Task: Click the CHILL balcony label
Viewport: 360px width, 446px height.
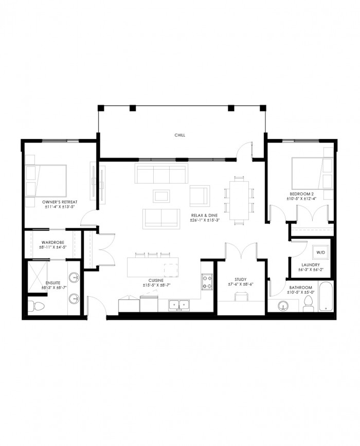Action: pyautogui.click(x=179, y=135)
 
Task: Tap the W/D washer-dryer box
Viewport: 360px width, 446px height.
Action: pyautogui.click(x=320, y=252)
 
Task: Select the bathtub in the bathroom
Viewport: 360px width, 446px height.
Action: pyautogui.click(x=326, y=296)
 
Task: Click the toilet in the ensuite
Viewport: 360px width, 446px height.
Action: pyautogui.click(x=36, y=306)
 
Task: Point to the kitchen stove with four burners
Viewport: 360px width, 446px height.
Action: pyautogui.click(x=207, y=281)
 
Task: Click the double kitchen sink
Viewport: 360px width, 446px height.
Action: pyautogui.click(x=179, y=305)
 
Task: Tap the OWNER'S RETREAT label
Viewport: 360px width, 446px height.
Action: pyautogui.click(x=60, y=202)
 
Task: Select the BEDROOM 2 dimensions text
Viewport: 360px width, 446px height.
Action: pyautogui.click(x=301, y=199)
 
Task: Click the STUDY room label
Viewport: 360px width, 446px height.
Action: pyautogui.click(x=241, y=279)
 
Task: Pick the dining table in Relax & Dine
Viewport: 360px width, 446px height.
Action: pyautogui.click(x=239, y=200)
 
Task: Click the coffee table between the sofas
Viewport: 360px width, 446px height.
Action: pyautogui.click(x=161, y=196)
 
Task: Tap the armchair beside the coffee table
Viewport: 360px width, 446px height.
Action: pyautogui.click(x=200, y=195)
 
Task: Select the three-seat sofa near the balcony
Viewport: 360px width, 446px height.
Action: pyautogui.click(x=161, y=173)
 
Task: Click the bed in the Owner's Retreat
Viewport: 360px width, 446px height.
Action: pyautogui.click(x=46, y=181)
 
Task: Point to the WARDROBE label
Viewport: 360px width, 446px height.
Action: pyautogui.click(x=53, y=242)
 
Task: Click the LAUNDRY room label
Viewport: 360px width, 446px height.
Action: pyautogui.click(x=311, y=265)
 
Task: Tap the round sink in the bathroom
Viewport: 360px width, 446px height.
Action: pyautogui.click(x=283, y=306)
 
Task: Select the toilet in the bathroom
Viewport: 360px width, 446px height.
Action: pyautogui.click(x=308, y=303)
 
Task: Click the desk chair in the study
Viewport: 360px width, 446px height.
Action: pyautogui.click(x=241, y=296)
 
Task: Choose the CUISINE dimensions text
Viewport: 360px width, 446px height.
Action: pyautogui.click(x=157, y=284)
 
